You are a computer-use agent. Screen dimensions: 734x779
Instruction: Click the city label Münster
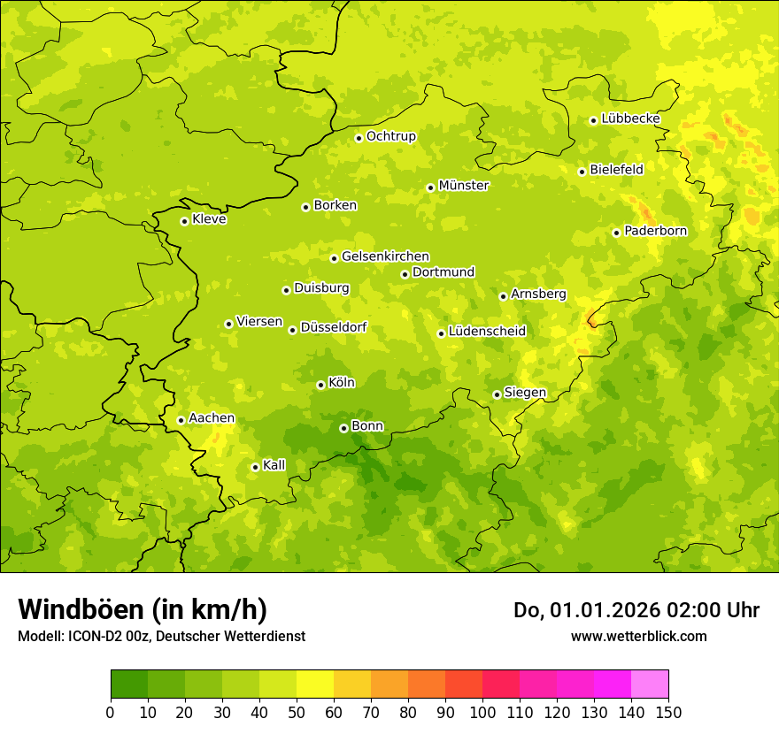point(464,186)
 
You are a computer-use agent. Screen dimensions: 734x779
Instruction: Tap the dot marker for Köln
point(320,385)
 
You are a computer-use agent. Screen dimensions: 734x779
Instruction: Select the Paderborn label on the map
point(655,231)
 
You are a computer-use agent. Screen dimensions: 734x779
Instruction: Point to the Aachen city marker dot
point(181,420)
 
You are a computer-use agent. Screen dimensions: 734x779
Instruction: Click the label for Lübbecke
point(630,119)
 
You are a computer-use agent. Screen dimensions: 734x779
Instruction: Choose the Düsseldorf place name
point(334,328)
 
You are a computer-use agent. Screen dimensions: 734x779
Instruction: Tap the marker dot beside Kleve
point(184,221)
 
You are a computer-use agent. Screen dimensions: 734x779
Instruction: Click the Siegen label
point(525,393)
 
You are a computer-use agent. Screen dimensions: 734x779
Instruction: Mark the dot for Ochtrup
point(359,138)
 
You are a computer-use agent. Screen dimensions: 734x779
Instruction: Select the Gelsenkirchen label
point(385,256)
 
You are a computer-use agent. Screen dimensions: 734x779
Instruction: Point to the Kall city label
point(274,465)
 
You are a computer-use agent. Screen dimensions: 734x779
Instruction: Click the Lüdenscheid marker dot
point(441,333)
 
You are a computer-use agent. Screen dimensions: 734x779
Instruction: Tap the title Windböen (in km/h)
point(142,609)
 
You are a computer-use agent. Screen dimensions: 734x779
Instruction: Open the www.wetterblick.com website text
point(638,636)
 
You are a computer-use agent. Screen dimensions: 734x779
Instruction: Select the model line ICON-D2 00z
point(161,636)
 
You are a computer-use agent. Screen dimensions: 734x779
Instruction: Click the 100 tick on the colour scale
point(482,712)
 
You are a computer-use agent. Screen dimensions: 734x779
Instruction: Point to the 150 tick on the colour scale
point(667,712)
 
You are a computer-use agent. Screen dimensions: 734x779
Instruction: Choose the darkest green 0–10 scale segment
point(129,684)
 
